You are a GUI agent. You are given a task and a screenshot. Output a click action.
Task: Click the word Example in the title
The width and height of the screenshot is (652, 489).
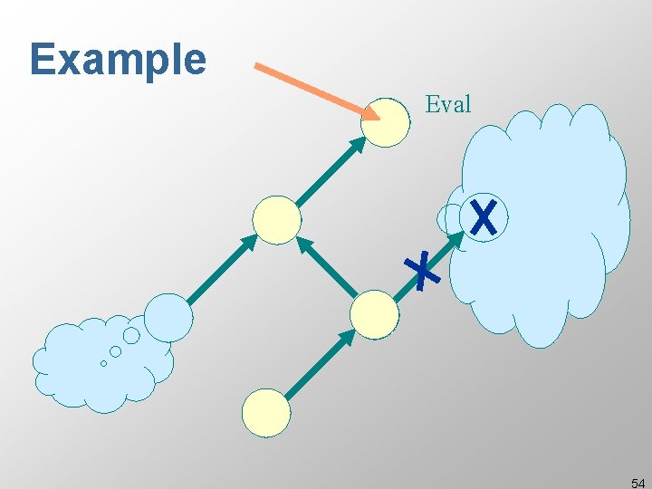[x=118, y=60]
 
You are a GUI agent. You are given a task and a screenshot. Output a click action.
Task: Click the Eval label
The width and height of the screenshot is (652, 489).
[x=448, y=104]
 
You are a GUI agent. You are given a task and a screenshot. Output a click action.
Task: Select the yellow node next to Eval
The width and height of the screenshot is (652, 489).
[x=385, y=122]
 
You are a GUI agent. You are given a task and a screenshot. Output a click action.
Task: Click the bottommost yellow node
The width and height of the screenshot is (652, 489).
[x=266, y=413]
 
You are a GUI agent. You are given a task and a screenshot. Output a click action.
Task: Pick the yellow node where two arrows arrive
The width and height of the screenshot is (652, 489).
[x=276, y=220]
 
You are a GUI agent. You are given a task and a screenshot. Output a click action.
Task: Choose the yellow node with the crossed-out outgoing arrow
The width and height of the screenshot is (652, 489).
[x=374, y=314]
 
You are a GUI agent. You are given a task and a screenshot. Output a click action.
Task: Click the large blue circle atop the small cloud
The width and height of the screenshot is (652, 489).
[x=168, y=317]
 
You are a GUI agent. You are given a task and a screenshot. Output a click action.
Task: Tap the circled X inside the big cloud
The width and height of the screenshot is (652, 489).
[x=484, y=217]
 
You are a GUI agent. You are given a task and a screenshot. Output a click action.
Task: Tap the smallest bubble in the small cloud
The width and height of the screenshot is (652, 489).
[x=103, y=363]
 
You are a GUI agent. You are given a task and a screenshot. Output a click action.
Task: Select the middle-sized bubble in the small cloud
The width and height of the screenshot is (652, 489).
[x=115, y=351]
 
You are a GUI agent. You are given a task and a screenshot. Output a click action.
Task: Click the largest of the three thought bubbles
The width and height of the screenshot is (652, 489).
[x=131, y=336]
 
